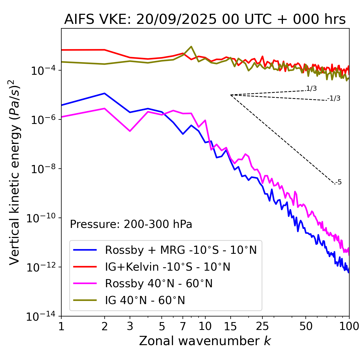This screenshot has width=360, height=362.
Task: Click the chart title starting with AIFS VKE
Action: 205,20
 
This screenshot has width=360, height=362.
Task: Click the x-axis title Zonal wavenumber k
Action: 205,341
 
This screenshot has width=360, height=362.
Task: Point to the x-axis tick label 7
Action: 183,326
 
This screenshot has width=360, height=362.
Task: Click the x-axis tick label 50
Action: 306,326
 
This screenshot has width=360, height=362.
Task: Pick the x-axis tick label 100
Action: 349,326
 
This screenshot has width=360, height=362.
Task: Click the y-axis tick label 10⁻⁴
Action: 42,70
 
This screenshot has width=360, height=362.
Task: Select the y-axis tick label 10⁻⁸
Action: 42,169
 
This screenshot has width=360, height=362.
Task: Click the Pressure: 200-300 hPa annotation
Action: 131,224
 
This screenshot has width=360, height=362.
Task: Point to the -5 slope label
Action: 339,182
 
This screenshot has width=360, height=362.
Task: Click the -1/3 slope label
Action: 334,98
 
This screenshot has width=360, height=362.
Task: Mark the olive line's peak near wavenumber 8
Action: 191,46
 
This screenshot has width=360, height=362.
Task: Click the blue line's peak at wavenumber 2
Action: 105,93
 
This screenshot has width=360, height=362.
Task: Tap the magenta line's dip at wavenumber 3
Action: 130,131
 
